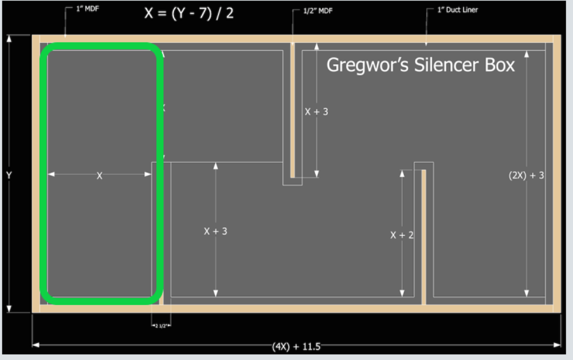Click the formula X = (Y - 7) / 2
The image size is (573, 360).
coord(189,13)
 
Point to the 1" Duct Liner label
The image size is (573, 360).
coord(457,10)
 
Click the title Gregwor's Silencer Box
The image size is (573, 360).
coord(420,65)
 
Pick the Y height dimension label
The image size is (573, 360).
coord(9,175)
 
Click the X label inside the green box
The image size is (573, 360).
coord(99,176)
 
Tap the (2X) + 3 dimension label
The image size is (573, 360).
coord(526,175)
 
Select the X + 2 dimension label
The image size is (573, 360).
coord(402,235)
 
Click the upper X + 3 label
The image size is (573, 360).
coord(317,112)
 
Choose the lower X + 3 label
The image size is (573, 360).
coord(215,231)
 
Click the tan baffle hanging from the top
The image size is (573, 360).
coord(292,110)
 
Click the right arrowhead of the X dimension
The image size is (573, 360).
coord(149,174)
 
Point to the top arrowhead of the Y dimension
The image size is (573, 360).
coord(9,39)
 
